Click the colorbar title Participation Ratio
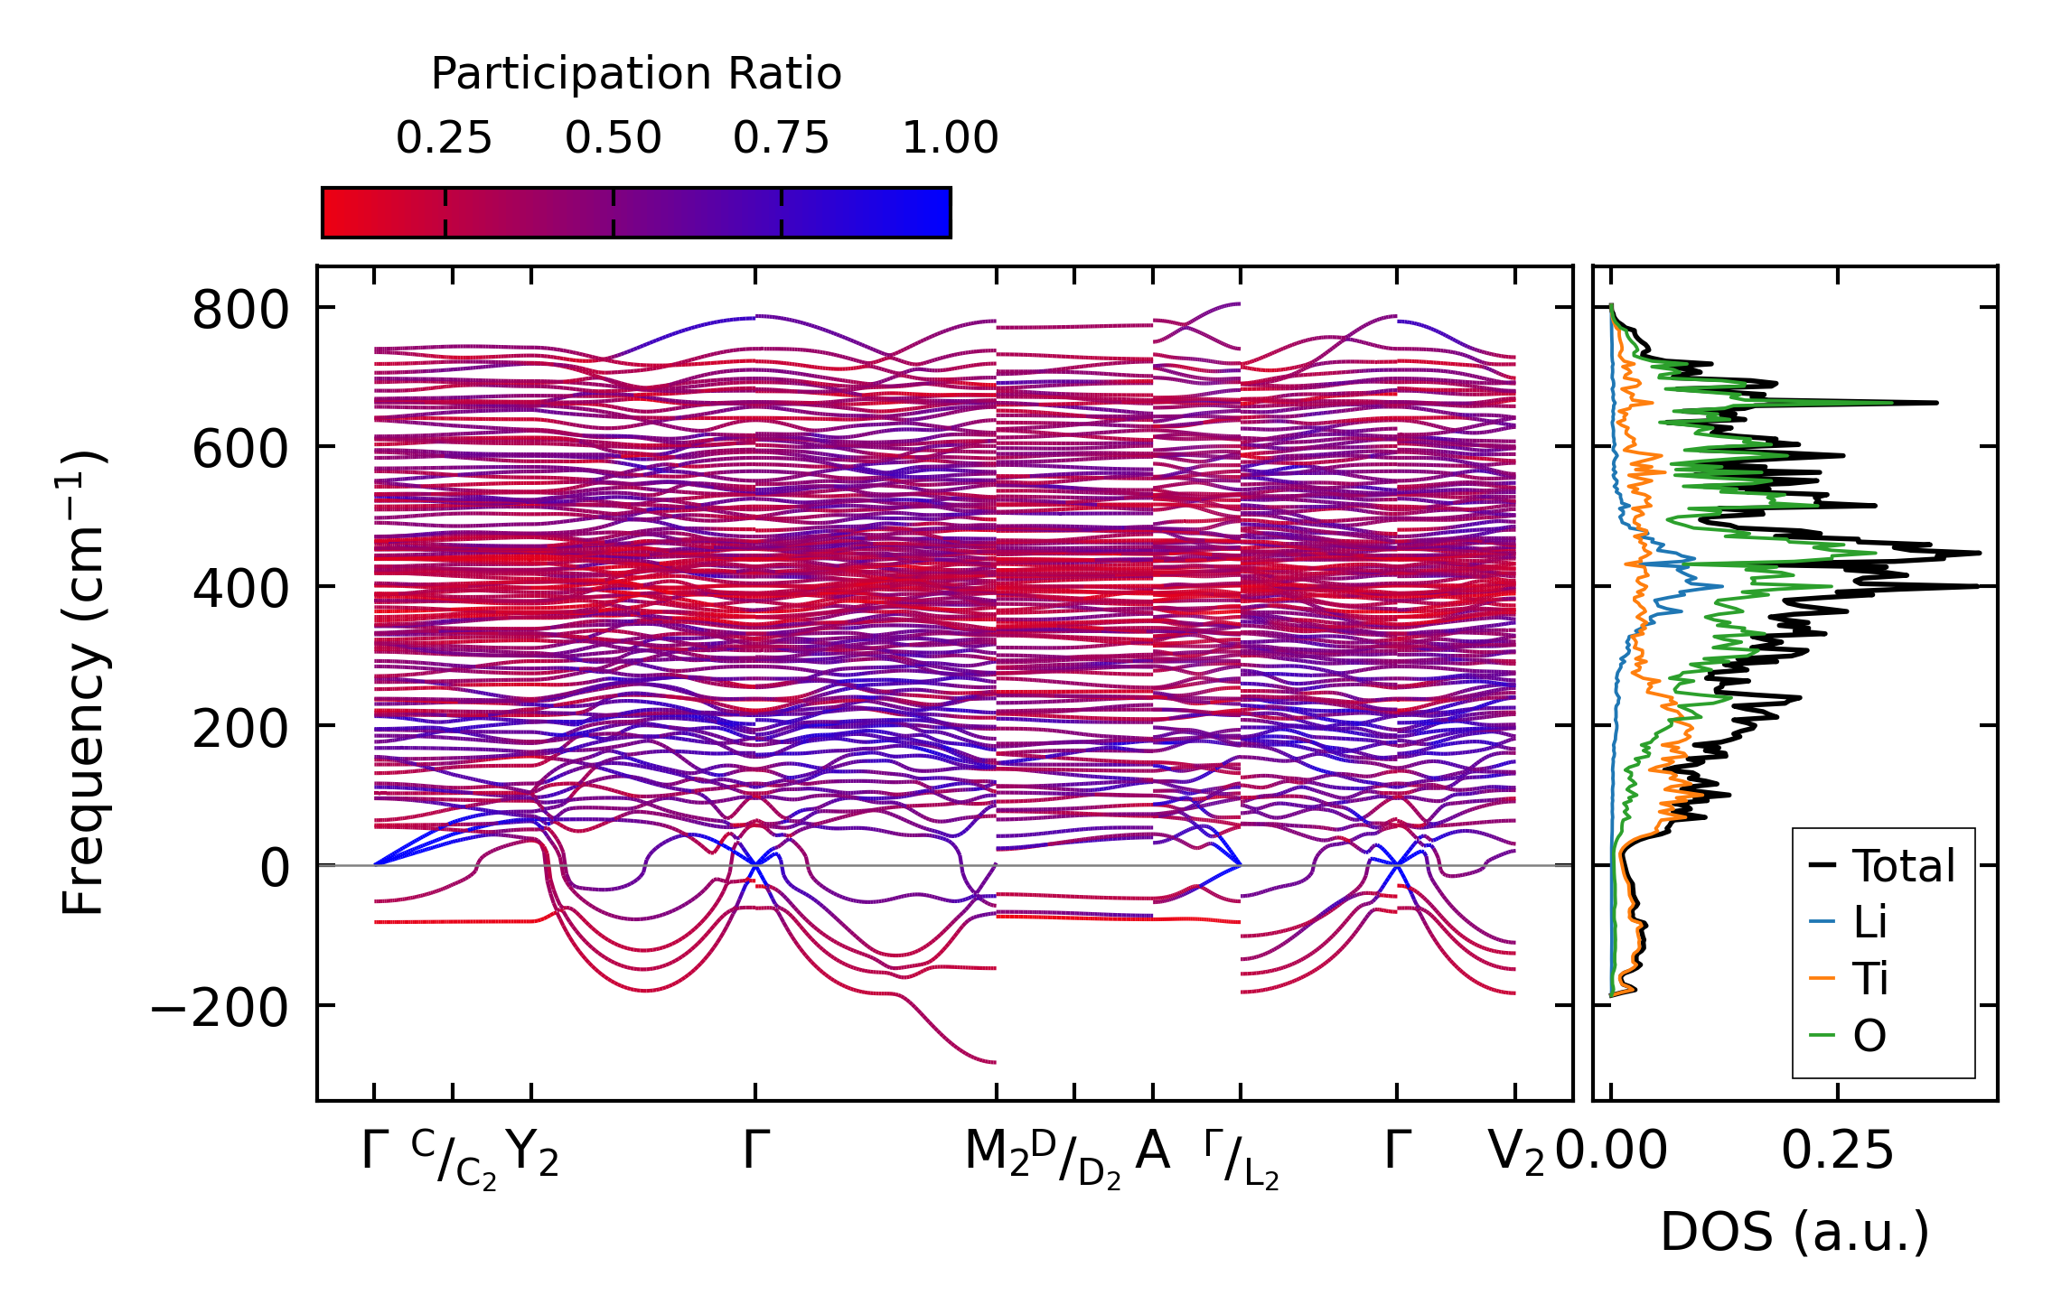636,74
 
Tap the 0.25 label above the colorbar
444,138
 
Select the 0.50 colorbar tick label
613,138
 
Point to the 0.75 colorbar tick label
781,138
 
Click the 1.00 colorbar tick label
950,138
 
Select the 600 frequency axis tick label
240,449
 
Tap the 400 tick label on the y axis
240,589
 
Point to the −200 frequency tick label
220,1007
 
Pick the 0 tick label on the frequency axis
276,868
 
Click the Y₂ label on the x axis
532,1153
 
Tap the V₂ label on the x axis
1515,1153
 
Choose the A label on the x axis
1152,1151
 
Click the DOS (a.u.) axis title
1794,1233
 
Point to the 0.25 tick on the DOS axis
1837,1151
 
